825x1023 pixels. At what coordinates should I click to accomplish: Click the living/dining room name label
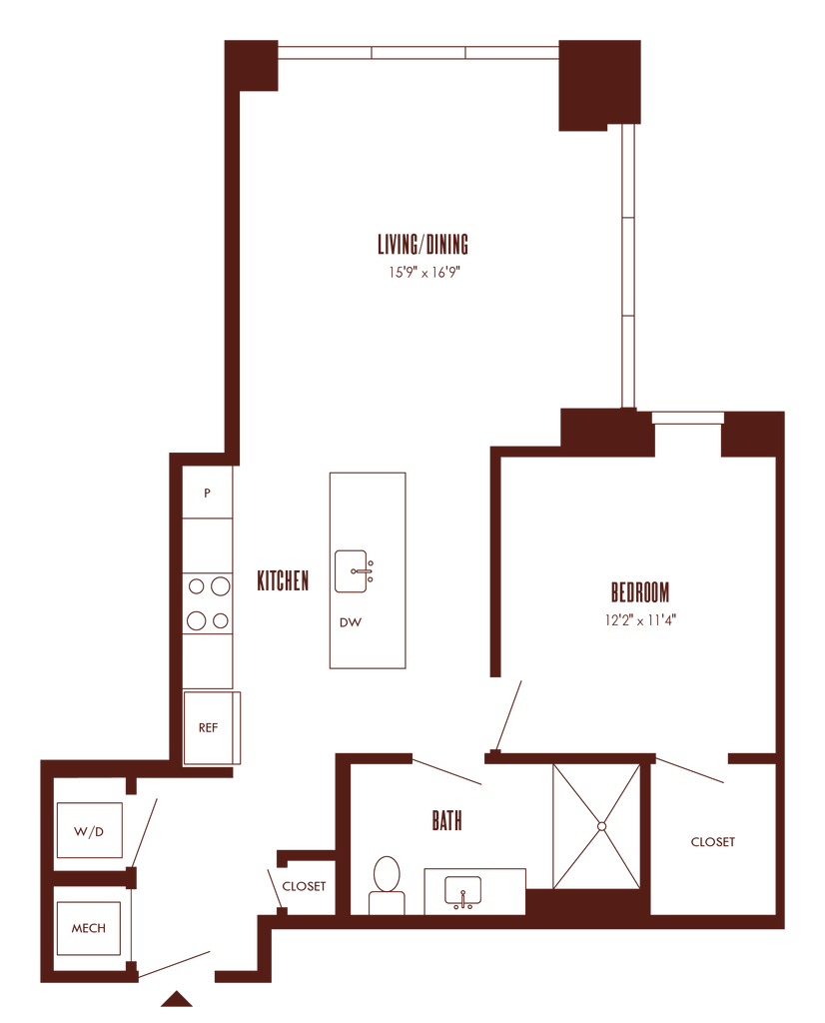(x=422, y=244)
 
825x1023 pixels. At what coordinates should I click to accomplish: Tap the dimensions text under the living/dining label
(x=422, y=273)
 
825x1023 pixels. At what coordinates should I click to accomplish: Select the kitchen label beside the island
(x=282, y=580)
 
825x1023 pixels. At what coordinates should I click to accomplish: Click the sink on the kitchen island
(x=355, y=571)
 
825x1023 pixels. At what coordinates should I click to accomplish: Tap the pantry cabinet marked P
(x=208, y=492)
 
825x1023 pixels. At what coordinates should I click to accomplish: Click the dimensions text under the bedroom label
(x=640, y=619)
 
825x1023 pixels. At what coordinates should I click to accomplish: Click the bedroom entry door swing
(x=508, y=713)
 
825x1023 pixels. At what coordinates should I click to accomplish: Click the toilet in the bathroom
(x=386, y=884)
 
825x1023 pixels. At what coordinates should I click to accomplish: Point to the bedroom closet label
(x=713, y=842)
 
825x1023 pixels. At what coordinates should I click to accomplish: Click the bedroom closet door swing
(x=691, y=769)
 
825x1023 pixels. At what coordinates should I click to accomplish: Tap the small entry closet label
(x=304, y=886)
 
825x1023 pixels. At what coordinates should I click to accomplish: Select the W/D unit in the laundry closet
(x=90, y=829)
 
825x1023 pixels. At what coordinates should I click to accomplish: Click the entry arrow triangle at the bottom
(x=177, y=998)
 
